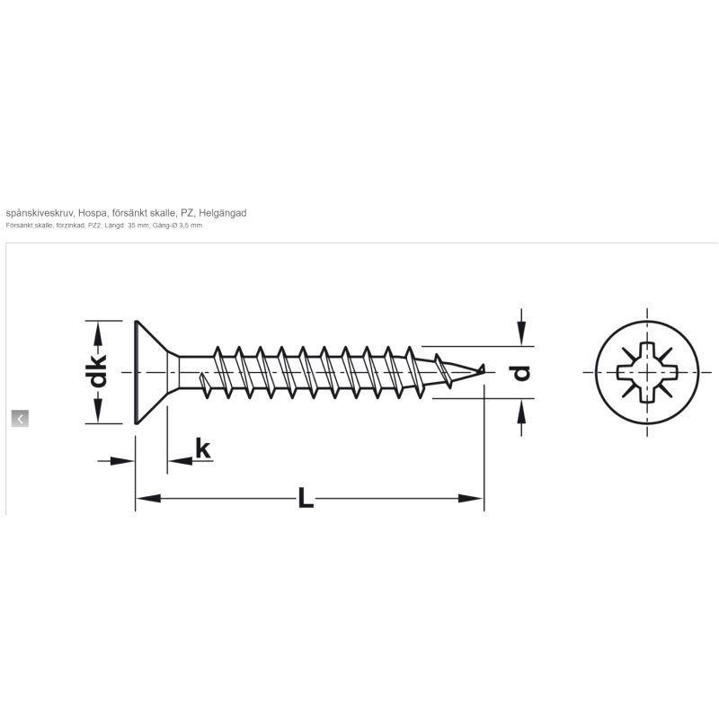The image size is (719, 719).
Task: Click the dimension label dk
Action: (x=97, y=372)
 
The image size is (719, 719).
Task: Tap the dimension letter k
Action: (x=203, y=448)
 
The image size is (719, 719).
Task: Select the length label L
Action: (x=306, y=498)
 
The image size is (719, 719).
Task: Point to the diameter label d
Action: (x=521, y=372)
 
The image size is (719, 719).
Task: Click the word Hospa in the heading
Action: (x=93, y=213)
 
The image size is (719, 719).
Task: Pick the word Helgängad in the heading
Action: (x=222, y=213)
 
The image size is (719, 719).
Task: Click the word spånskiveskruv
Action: (x=40, y=213)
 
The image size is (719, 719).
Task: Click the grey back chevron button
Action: (x=20, y=418)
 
